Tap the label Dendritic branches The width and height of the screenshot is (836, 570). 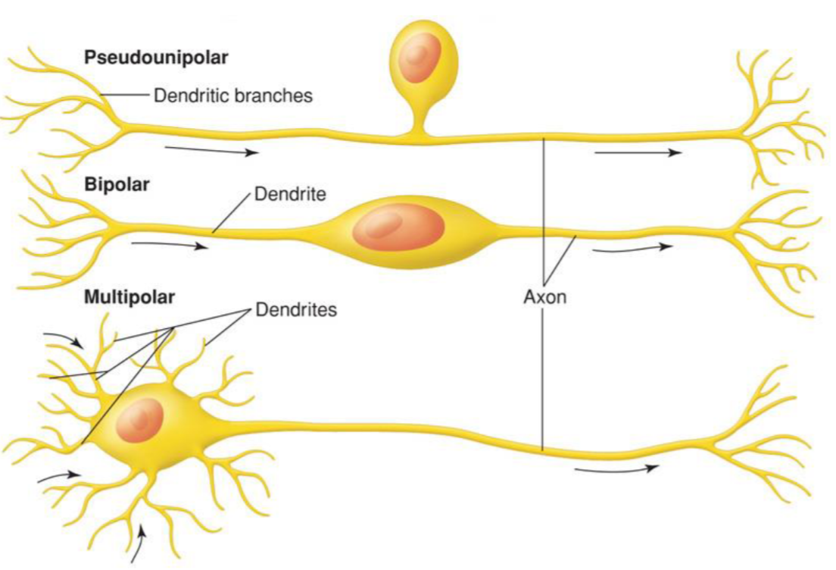(x=233, y=96)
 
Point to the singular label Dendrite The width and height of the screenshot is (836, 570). (x=290, y=194)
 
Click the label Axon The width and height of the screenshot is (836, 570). (x=545, y=296)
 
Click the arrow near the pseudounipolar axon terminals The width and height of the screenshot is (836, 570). (x=638, y=153)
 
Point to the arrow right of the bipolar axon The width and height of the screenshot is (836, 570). (x=632, y=247)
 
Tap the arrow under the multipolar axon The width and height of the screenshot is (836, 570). (x=616, y=469)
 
